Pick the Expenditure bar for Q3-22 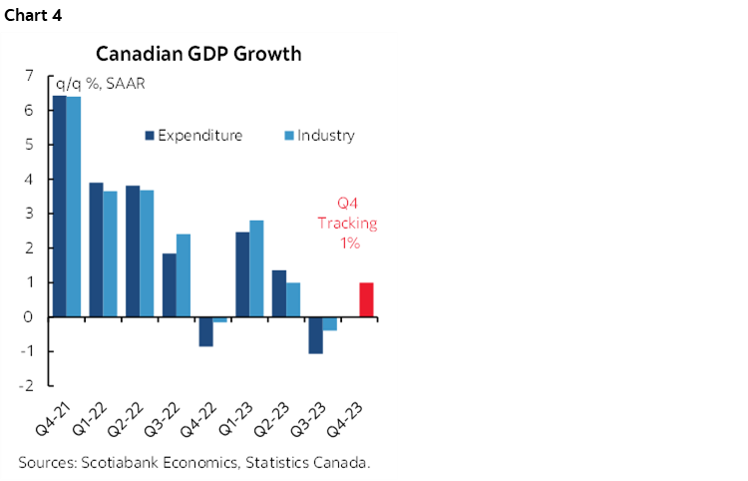pyautogui.click(x=169, y=284)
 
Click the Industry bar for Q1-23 pyautogui.click(x=256, y=268)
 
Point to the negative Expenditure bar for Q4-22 pyautogui.click(x=205, y=331)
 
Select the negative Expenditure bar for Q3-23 pyautogui.click(x=315, y=335)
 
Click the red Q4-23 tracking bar pyautogui.click(x=366, y=299)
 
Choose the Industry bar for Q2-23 pyautogui.click(x=293, y=299)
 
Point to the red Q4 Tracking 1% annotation pyautogui.click(x=347, y=224)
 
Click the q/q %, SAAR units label pyautogui.click(x=101, y=83)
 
